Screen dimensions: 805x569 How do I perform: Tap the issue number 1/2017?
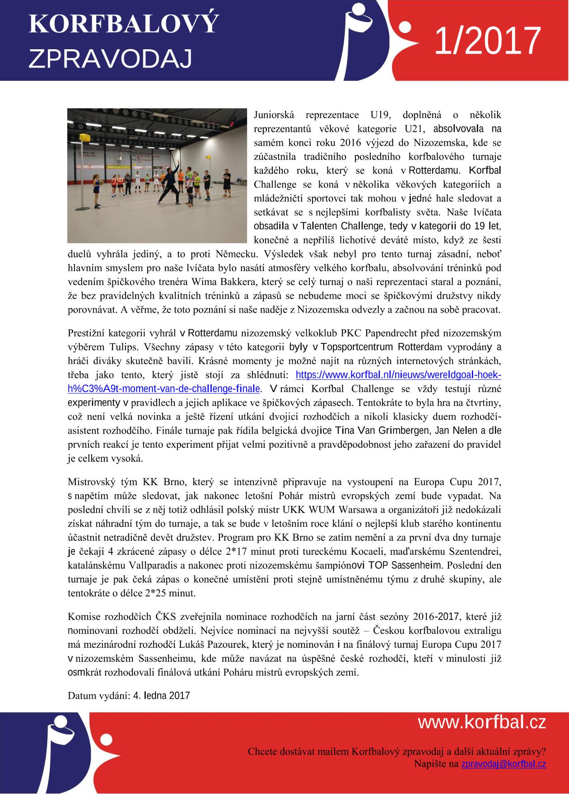pos(487,41)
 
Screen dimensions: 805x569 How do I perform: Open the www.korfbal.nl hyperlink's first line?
pos(398,375)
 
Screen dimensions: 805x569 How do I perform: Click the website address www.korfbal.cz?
pos(482,723)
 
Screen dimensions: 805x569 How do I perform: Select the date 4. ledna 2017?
pos(162,695)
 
